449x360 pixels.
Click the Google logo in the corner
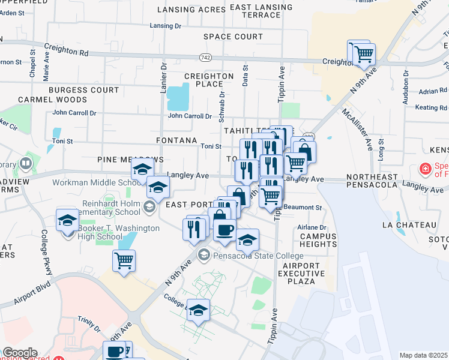pos(19,353)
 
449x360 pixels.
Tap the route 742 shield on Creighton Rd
pos(205,56)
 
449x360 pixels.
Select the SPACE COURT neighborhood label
pos(233,37)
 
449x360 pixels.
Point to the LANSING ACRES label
pos(183,10)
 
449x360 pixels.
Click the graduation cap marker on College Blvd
pos(199,310)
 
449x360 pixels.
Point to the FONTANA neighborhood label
pos(176,140)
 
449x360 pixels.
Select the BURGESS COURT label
pos(84,90)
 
